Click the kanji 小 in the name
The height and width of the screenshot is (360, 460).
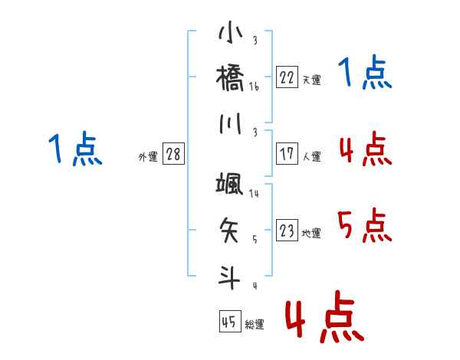[x=231, y=31]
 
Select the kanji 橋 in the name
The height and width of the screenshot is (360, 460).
[x=230, y=77]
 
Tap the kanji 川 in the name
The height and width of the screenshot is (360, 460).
[x=231, y=123]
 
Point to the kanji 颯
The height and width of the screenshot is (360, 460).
[x=230, y=184]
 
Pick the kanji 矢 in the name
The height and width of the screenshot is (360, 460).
[x=229, y=230]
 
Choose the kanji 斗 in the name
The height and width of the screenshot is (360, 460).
[x=229, y=277]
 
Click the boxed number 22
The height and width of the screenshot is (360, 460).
[x=287, y=77]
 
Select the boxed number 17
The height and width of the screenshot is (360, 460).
[x=287, y=153]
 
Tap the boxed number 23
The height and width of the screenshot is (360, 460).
[x=287, y=230]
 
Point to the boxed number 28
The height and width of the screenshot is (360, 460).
[x=173, y=153]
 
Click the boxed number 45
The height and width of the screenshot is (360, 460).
[x=230, y=321]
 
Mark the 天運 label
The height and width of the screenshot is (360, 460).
[x=312, y=80]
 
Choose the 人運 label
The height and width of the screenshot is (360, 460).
[x=312, y=156]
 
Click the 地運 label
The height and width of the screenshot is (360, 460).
[x=311, y=233]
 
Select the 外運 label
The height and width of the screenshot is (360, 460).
[x=148, y=156]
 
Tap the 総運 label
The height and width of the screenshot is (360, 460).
[x=255, y=324]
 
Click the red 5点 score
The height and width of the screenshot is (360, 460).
[x=365, y=225]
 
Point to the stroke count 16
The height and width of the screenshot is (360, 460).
[x=254, y=87]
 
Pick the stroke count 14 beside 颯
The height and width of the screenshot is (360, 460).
[x=254, y=193]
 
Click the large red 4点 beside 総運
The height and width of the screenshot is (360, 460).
[x=325, y=316]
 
